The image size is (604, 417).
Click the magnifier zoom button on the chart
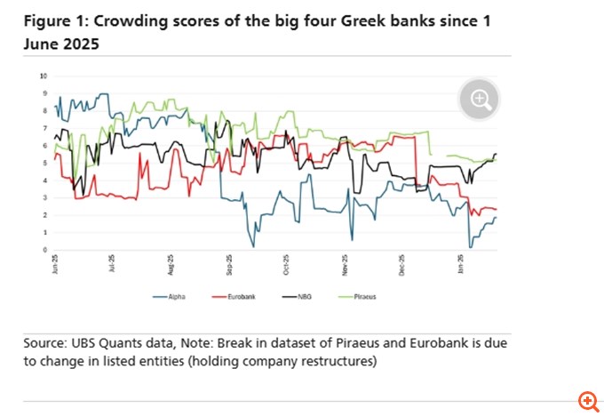point(480,100)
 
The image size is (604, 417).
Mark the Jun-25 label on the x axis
point(55,263)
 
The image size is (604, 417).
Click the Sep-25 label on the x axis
point(228,263)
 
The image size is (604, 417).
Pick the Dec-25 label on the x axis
point(401,263)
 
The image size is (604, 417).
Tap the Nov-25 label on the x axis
point(344,263)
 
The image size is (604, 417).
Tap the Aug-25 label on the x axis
point(171,263)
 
